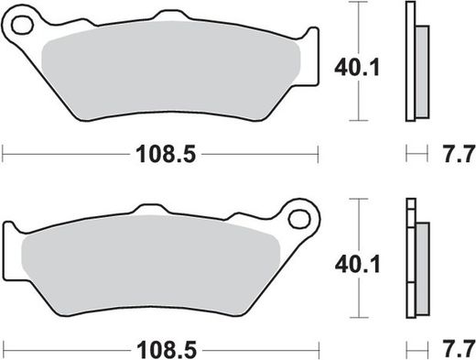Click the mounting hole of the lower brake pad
click(297, 219)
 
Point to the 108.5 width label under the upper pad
click(166, 156)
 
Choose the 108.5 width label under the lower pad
click(166, 348)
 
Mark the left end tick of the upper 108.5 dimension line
click(3, 153)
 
